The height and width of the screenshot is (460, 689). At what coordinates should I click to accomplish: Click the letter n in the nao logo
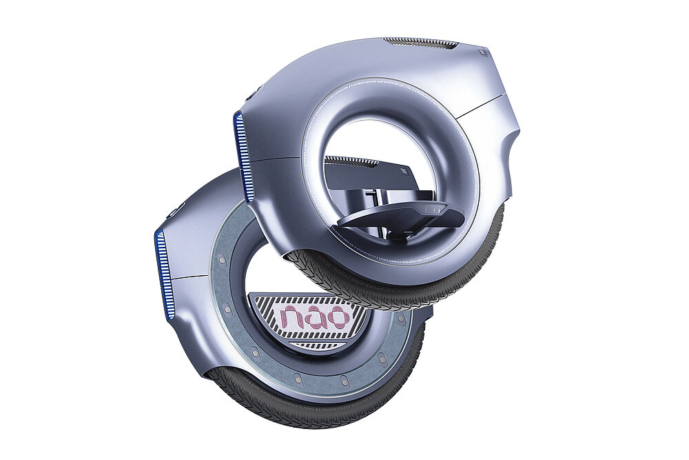pyautogui.click(x=295, y=318)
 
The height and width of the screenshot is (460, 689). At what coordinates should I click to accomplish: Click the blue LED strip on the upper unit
pyautogui.click(x=240, y=155)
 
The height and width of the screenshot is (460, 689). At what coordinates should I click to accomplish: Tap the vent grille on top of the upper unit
pyautogui.click(x=420, y=43)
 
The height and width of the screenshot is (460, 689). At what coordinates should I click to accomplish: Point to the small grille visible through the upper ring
pyautogui.click(x=351, y=161)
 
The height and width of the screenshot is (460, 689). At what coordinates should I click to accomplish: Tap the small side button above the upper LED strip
pyautogui.click(x=257, y=90)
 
